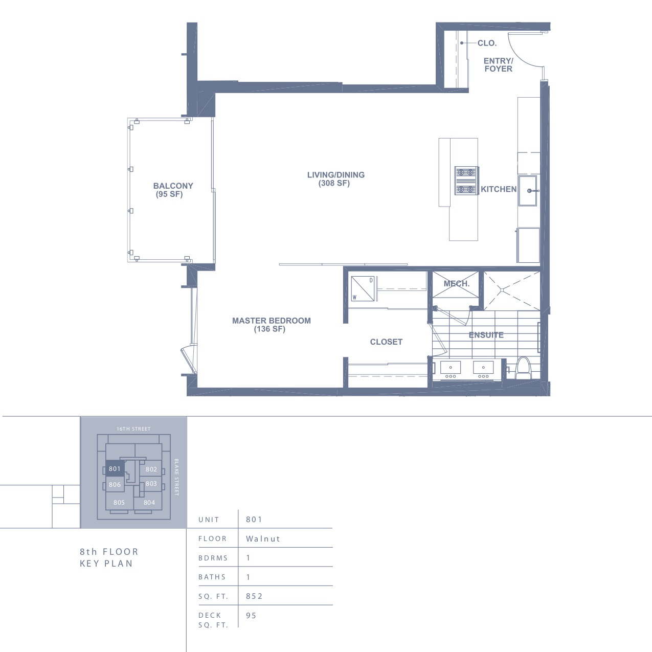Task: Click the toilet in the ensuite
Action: click(523, 368)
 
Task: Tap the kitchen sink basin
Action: click(528, 191)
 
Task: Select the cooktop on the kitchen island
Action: click(466, 181)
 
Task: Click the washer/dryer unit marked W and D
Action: click(363, 288)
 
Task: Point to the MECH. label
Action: click(457, 283)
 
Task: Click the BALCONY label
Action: click(173, 186)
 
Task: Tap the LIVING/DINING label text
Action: click(335, 175)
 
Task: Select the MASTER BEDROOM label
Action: click(272, 321)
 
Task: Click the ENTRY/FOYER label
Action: click(499, 64)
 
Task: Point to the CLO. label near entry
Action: click(487, 43)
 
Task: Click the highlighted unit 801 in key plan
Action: click(115, 468)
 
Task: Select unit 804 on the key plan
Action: click(149, 503)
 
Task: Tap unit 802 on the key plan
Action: click(151, 469)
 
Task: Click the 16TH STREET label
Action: click(133, 429)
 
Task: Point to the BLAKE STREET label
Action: click(176, 477)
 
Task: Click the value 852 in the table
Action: click(254, 596)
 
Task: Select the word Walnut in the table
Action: click(263, 538)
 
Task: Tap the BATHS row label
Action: click(212, 577)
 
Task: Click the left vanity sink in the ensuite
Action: click(451, 367)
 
